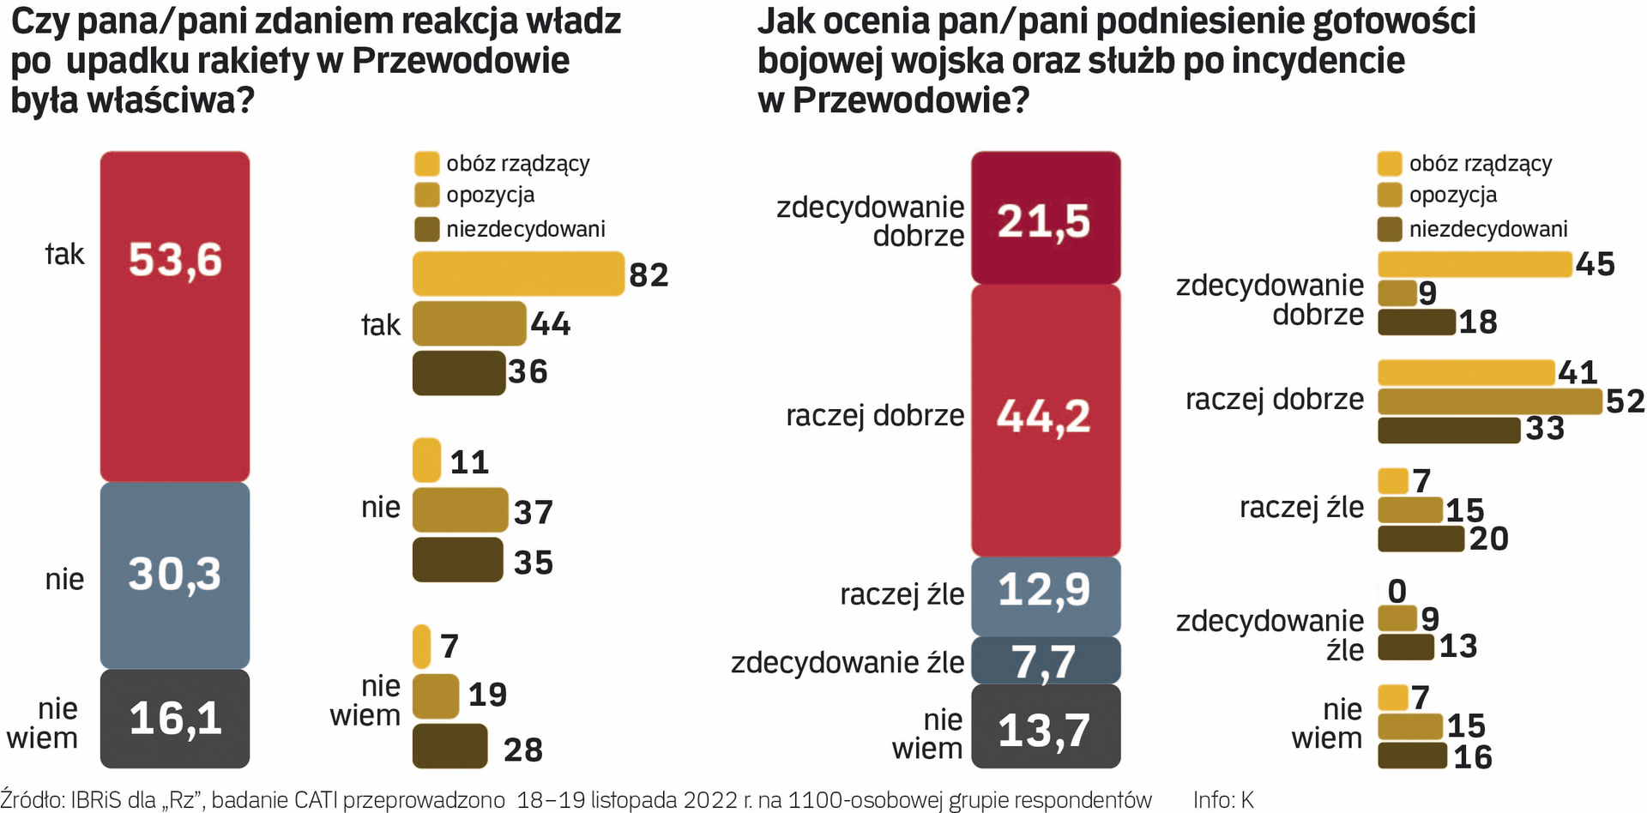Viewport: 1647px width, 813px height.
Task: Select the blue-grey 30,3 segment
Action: coord(175,575)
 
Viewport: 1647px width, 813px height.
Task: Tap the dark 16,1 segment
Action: coord(175,718)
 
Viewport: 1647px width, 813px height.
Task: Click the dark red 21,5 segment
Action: coord(1045,218)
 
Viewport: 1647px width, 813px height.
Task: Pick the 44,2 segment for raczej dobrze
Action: coord(1045,419)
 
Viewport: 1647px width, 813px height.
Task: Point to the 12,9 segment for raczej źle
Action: coord(1045,595)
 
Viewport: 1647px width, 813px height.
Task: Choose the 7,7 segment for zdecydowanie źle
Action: coord(1045,659)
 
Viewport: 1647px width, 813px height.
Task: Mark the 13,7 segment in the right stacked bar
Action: coord(1045,726)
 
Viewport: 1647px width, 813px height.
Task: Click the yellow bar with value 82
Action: coord(517,274)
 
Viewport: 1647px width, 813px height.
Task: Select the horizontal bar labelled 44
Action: coord(468,323)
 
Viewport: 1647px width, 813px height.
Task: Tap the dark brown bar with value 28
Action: coord(449,745)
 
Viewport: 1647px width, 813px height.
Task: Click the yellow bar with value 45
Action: coord(1474,264)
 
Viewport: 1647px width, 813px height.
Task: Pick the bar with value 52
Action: coord(1489,401)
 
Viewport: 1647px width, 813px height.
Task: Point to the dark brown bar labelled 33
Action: coord(1448,430)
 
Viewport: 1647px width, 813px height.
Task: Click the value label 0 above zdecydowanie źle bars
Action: coord(1397,591)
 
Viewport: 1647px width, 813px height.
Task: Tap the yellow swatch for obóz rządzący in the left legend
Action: coord(426,164)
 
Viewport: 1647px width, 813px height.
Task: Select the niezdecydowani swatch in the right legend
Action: coord(1390,229)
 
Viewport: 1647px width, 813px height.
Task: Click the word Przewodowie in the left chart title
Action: coord(462,61)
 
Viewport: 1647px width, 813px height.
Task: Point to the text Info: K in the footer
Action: coord(1223,800)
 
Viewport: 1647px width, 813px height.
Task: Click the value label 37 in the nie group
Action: coord(533,512)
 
